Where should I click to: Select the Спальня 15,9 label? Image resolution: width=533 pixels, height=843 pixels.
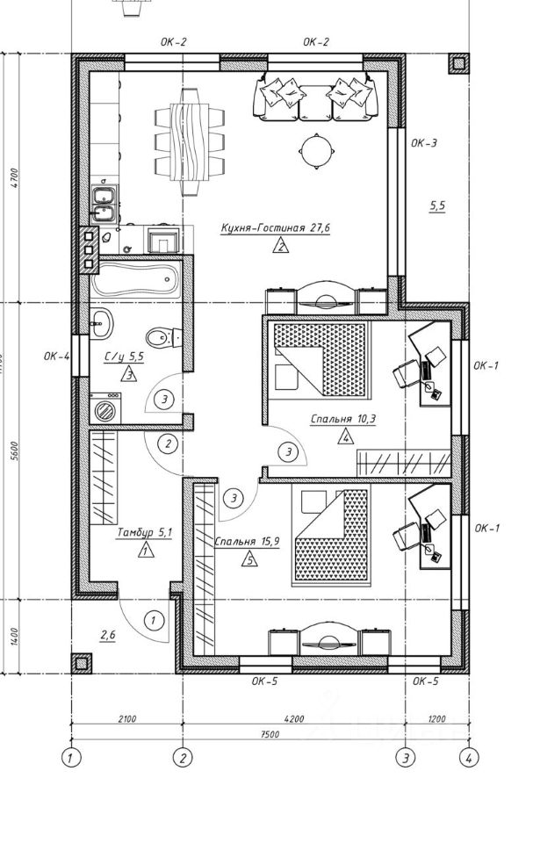tap(247, 541)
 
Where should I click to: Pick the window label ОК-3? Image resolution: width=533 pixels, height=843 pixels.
tap(424, 142)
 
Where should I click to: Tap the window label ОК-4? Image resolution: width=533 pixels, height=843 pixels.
tap(55, 357)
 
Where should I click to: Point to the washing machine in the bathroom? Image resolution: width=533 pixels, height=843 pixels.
tap(107, 410)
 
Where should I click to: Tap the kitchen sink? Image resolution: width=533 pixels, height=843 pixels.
tap(103, 202)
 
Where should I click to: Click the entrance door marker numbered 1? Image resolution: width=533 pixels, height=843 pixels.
tap(153, 621)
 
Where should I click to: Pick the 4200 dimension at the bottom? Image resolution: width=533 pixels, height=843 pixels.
tap(294, 719)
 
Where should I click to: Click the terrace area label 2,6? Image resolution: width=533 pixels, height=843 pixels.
tap(108, 632)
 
